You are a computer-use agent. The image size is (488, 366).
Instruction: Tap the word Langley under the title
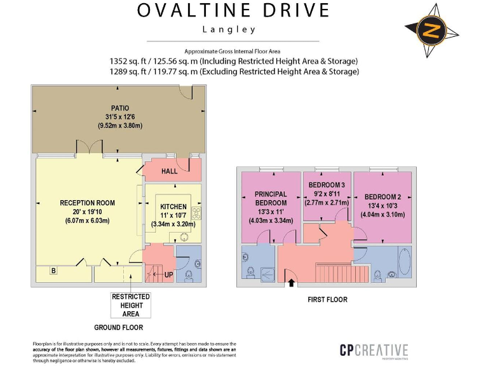[x=229, y=29]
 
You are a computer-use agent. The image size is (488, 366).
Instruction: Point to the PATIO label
[x=119, y=108]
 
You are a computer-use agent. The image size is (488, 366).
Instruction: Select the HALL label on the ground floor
[x=170, y=172]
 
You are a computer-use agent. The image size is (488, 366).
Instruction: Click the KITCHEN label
[x=173, y=207]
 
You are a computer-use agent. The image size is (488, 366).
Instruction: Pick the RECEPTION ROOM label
[x=88, y=203]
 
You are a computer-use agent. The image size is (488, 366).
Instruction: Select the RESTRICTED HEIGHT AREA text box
[x=131, y=305]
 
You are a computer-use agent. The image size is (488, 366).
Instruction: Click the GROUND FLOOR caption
[x=118, y=328]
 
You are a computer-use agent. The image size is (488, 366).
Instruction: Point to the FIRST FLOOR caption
[x=327, y=300]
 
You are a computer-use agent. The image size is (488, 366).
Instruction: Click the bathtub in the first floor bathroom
[x=405, y=262]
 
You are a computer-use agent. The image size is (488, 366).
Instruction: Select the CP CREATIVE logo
[x=373, y=350]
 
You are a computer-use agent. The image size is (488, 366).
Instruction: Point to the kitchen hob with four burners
[x=196, y=213]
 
